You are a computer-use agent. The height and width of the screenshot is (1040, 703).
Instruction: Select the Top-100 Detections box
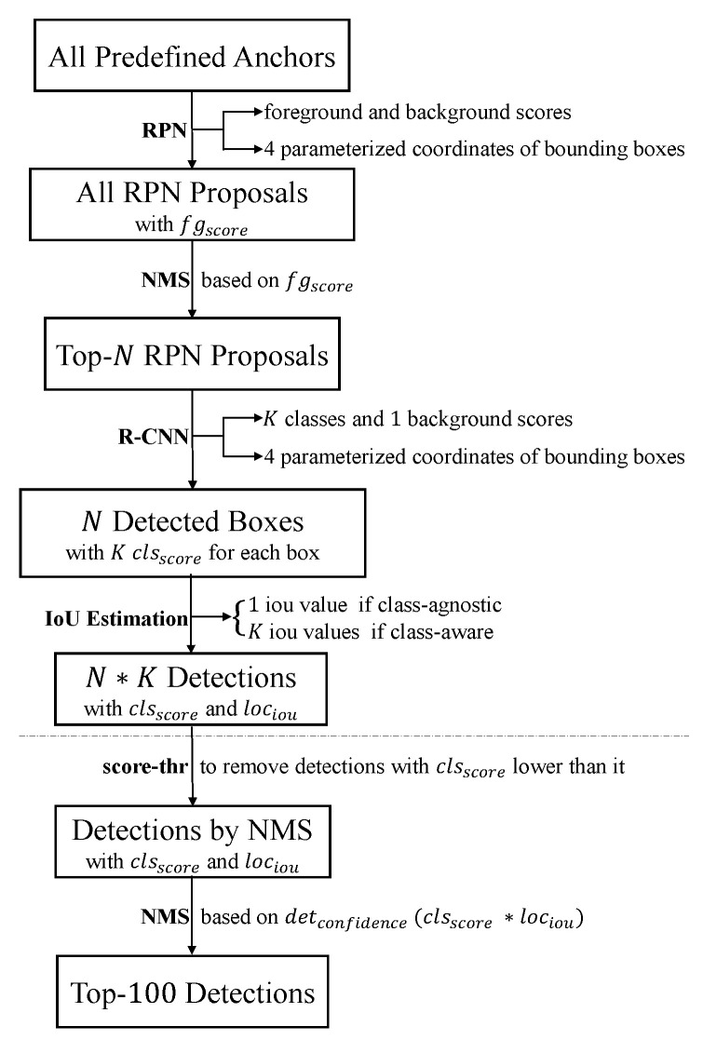point(191,991)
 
